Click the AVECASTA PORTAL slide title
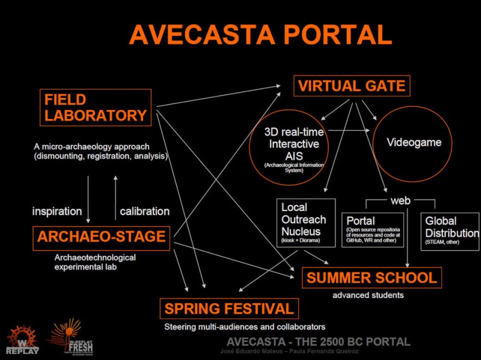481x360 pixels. (x=260, y=35)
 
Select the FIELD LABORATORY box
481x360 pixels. (x=96, y=108)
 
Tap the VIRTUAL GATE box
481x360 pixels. (x=352, y=86)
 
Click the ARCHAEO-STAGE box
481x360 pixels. (x=102, y=236)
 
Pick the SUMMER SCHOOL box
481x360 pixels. (x=372, y=278)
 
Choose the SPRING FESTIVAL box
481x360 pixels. (x=229, y=309)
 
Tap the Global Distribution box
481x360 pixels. (x=450, y=231)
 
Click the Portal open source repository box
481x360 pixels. (x=378, y=231)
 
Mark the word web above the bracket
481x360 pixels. (x=400, y=200)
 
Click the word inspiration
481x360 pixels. (x=57, y=212)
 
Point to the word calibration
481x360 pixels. (x=144, y=212)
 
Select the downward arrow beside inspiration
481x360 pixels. (x=88, y=199)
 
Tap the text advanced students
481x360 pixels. (x=368, y=295)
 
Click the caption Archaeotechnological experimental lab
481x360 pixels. (x=95, y=262)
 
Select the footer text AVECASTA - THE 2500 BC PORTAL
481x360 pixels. (x=314, y=342)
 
